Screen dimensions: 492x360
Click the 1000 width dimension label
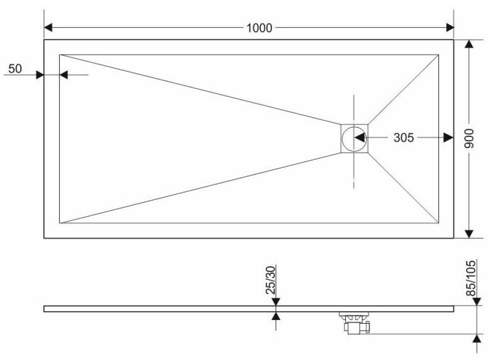point(259,28)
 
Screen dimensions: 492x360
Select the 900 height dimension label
point(469,138)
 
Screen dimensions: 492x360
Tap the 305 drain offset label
point(404,137)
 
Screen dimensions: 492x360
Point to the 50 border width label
point(15,68)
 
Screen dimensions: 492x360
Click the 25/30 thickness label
point(270,280)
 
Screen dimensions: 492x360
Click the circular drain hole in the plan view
point(354,138)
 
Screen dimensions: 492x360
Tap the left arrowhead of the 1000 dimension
point(48,27)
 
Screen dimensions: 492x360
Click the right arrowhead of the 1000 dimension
point(449,27)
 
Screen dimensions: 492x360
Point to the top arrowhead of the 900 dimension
point(469,44)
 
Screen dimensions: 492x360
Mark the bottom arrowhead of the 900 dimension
point(469,234)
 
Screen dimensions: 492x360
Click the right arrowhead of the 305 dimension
point(449,137)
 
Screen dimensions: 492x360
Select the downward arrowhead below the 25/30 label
point(276,301)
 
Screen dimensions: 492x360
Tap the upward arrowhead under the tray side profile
point(276,316)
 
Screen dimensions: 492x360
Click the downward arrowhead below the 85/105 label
point(477,301)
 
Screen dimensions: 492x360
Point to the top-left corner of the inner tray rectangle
point(60,55)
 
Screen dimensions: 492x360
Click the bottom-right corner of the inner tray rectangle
point(438,223)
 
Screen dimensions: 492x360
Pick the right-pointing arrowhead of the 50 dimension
point(40,75)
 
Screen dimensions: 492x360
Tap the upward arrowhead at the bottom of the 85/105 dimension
point(477,338)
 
